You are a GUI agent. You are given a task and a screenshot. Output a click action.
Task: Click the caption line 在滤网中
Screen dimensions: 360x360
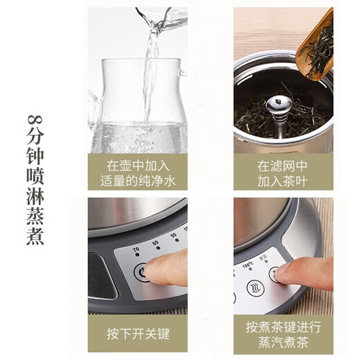(x=283, y=166)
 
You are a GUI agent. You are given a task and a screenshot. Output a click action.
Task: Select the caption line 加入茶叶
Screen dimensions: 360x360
(x=283, y=181)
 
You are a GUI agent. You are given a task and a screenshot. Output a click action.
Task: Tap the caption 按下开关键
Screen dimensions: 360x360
(x=137, y=334)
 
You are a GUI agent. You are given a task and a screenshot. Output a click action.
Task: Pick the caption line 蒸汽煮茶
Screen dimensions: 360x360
(x=283, y=342)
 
